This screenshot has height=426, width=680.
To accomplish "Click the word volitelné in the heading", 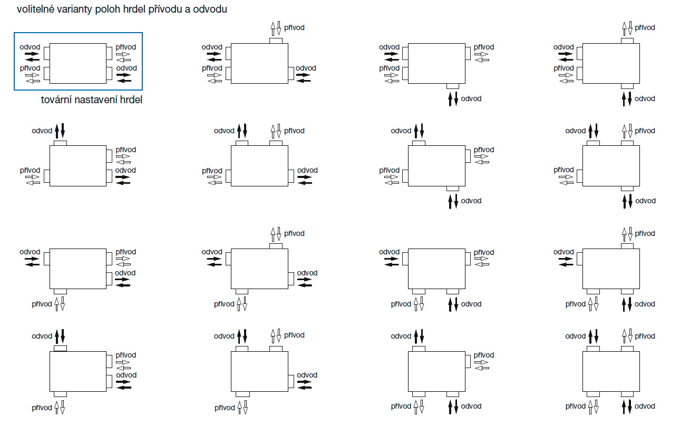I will point(36,10).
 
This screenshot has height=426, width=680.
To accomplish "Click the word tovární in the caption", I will point(55,100).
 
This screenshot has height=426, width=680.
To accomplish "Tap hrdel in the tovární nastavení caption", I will point(131,100).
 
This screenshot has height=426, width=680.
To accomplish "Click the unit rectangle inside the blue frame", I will point(77,63).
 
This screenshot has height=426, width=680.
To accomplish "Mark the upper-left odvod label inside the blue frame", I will point(30,47).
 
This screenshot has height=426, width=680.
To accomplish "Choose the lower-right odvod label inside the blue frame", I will point(127,68).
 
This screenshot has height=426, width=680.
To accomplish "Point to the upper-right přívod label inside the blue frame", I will point(126,47).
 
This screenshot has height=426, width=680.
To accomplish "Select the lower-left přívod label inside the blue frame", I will point(30,68).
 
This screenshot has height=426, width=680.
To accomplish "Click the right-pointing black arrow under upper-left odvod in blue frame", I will point(32,53).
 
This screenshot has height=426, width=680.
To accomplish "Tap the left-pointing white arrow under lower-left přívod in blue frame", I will point(33,81).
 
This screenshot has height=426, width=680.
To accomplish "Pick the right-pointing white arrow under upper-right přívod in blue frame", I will point(123,54).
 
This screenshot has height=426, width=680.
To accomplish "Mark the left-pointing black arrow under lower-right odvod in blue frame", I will point(124,81).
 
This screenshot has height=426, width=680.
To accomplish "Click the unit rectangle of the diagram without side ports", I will point(611,371).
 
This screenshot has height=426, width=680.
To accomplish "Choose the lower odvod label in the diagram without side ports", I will point(645,406).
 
